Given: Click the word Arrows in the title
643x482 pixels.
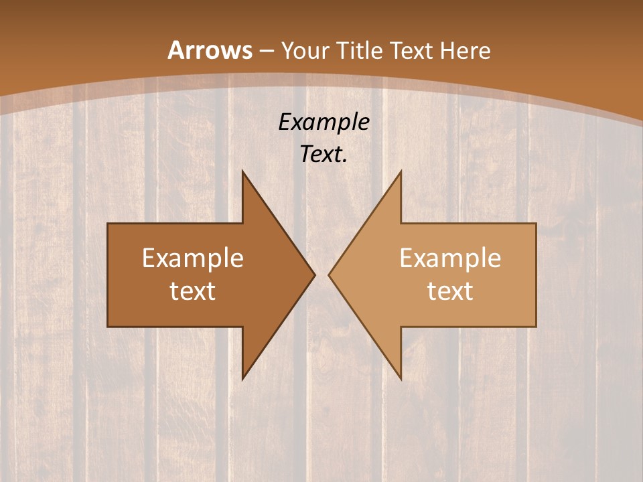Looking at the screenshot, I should (210, 50).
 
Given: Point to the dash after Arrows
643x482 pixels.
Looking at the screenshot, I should (267, 51).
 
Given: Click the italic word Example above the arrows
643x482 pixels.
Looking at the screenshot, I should (324, 122).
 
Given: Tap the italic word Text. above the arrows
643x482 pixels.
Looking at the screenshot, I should (324, 154).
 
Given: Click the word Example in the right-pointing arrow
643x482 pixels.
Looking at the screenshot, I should (193, 258).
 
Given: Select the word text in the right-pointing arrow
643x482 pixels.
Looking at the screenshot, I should (193, 291).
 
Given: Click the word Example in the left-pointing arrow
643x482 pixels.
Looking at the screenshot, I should (450, 258).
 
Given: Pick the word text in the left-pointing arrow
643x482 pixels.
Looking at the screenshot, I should (450, 291).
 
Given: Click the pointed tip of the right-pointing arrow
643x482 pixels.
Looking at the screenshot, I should (315, 274).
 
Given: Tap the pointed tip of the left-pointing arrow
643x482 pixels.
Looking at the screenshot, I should (329, 274).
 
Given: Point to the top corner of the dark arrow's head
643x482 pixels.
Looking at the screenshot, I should (242, 171).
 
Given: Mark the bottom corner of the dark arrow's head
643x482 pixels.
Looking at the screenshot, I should (242, 379).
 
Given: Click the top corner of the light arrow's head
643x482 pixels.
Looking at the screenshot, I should (401, 171).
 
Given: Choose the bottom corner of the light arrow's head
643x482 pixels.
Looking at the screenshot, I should (401, 379).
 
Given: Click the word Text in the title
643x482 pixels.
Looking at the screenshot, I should (413, 50).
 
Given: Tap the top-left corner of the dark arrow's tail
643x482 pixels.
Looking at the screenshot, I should (108, 224).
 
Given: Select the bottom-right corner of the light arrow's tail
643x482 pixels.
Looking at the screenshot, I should (536, 327).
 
